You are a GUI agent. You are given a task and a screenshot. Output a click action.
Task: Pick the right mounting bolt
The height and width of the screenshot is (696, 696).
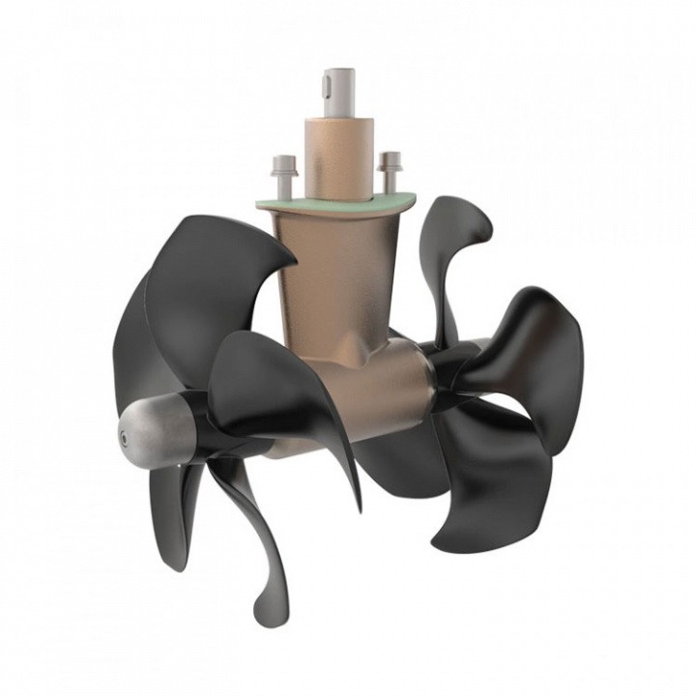tap(390, 171)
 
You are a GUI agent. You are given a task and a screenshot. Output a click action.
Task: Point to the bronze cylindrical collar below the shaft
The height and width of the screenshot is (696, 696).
tap(338, 150)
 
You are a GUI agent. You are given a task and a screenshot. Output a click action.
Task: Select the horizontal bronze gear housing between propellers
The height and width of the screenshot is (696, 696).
tap(387, 387)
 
